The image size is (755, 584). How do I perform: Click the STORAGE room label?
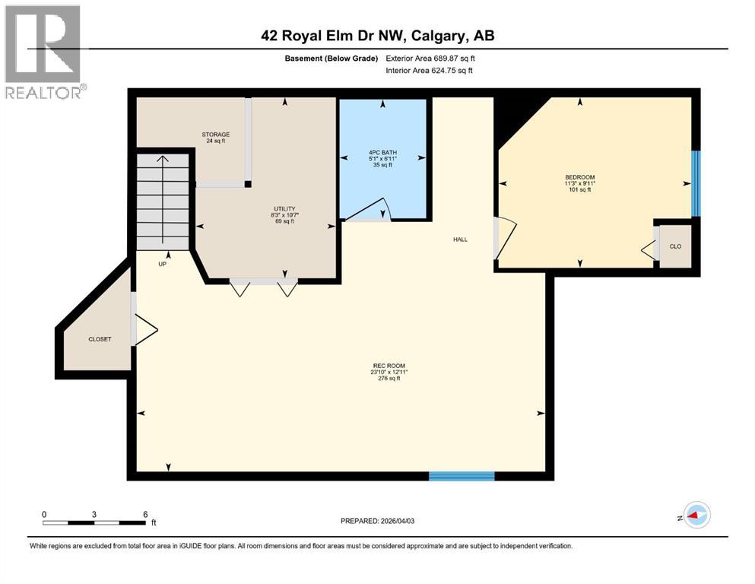click(x=215, y=135)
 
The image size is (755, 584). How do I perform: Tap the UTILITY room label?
click(x=284, y=208)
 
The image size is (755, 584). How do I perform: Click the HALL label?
click(x=460, y=240)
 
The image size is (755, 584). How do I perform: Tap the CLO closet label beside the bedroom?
click(x=675, y=246)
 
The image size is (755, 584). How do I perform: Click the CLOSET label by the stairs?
click(x=100, y=339)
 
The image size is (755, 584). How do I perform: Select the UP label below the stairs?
click(x=162, y=265)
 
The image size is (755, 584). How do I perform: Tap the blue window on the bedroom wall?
click(x=695, y=183)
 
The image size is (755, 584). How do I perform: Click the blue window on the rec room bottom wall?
click(x=462, y=476)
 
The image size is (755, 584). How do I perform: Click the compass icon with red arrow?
click(x=696, y=516)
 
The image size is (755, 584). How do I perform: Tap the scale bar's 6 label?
click(x=145, y=514)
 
